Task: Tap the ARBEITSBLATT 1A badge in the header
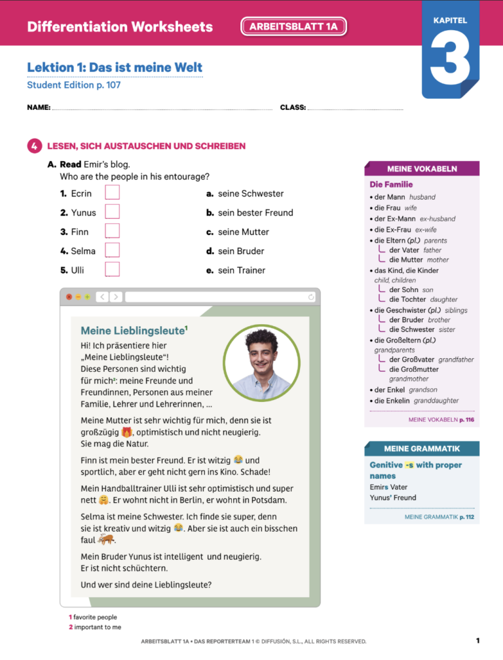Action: [x=293, y=27]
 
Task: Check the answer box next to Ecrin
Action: [x=113, y=192]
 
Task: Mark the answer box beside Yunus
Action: [x=113, y=211]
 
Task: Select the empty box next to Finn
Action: [x=113, y=231]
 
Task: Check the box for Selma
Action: [x=113, y=250]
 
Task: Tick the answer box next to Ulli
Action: [x=113, y=270]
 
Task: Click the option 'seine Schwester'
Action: [x=250, y=194]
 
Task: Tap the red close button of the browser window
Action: [x=69, y=297]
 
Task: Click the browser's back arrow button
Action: [x=102, y=297]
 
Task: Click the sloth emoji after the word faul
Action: [x=105, y=540]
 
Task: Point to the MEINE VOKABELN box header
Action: [x=422, y=169]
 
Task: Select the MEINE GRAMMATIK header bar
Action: [x=422, y=449]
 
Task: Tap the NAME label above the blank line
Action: [x=39, y=107]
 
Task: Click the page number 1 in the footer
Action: [x=478, y=640]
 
